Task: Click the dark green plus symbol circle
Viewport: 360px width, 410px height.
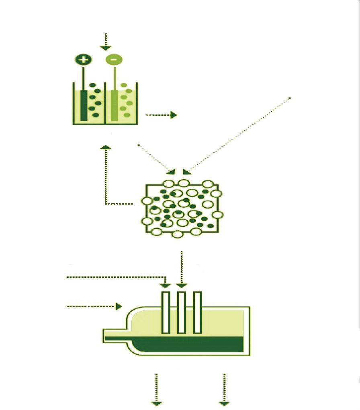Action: [84, 60]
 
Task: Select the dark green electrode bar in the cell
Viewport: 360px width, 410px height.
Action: [84, 105]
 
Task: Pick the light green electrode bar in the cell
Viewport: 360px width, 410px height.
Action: [115, 105]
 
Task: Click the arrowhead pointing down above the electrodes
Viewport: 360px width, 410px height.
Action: [106, 47]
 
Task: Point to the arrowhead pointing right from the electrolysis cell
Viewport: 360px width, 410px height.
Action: [174, 115]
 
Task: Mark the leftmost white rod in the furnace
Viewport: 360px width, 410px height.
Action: [166, 312]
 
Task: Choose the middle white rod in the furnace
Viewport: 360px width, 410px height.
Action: [181, 312]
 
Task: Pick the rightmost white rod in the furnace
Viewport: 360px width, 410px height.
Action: [197, 312]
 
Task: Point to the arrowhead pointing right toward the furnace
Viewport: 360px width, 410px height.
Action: [119, 307]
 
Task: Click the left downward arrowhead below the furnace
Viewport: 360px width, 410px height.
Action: [156, 403]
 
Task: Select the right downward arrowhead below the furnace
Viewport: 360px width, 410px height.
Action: [224, 403]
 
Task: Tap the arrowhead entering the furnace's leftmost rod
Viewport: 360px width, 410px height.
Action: [166, 286]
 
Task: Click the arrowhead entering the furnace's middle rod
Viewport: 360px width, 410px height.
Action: [182, 286]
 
